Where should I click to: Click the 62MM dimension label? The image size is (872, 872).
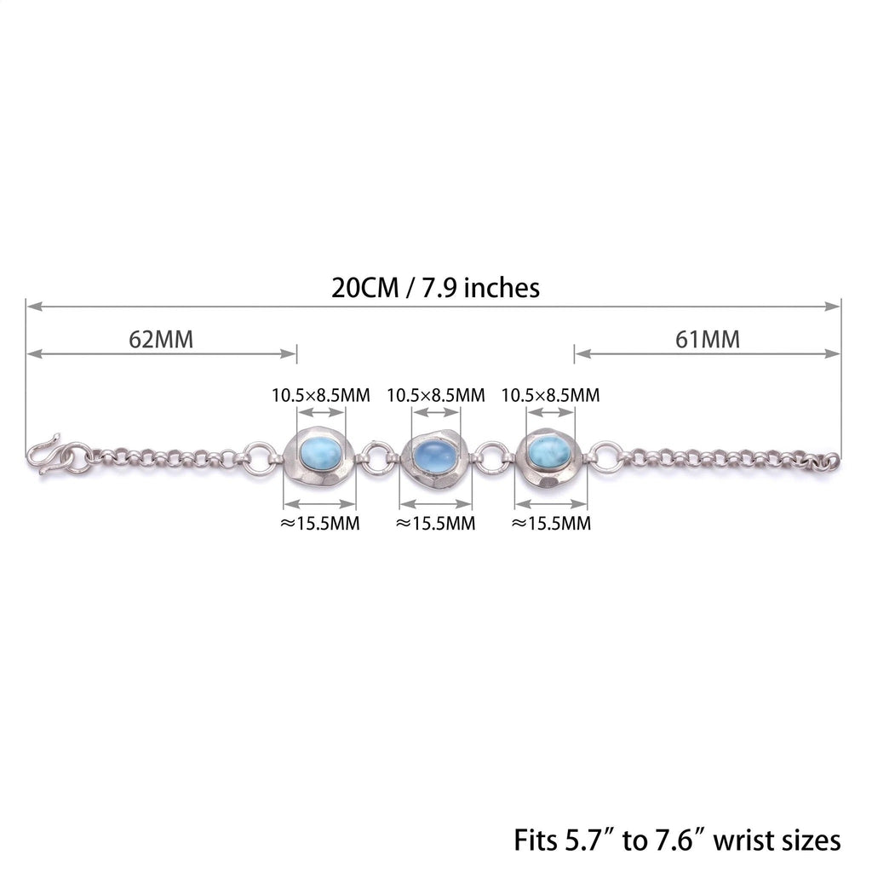(161, 339)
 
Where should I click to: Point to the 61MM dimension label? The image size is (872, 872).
(708, 339)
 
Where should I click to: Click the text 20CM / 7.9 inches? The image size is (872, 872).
(435, 288)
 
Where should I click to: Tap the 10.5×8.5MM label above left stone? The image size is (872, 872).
(321, 395)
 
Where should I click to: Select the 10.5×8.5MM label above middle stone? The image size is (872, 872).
(436, 395)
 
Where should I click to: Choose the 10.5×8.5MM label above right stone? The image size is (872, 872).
(551, 395)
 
